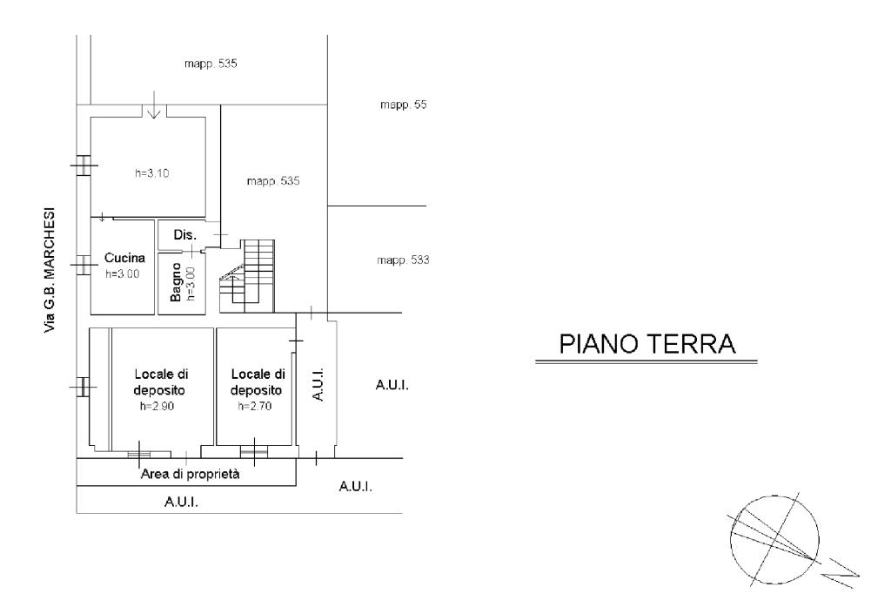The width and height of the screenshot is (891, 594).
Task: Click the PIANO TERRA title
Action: point(647,344)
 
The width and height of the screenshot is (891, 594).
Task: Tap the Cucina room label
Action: point(124,258)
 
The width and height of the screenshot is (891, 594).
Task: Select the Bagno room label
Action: point(176,282)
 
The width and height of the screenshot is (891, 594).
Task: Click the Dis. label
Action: point(185,234)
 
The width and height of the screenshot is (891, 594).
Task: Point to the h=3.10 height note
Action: point(151,173)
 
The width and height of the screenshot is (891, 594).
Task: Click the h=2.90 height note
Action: point(157,406)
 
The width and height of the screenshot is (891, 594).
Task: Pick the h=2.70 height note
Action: point(255,406)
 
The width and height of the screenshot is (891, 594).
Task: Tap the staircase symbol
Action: point(247,276)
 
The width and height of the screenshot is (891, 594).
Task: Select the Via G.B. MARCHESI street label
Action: point(50,270)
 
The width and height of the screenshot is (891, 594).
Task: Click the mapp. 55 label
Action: point(404,105)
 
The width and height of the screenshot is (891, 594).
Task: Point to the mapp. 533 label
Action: point(404,260)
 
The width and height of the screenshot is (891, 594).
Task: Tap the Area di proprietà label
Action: point(191,474)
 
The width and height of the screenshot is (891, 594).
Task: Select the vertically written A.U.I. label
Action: point(318,385)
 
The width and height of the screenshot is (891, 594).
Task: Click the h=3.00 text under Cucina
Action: point(122,274)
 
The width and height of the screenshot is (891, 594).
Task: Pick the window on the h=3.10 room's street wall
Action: point(84,165)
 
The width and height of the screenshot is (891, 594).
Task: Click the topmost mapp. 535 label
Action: point(211,64)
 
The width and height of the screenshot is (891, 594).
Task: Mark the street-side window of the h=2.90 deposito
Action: point(83,387)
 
